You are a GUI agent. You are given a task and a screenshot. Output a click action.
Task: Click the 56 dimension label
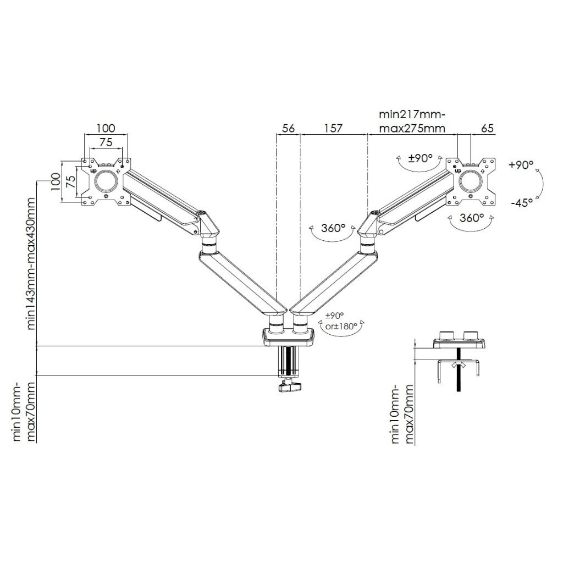click(x=288, y=128)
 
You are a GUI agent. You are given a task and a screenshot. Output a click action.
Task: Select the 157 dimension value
click(x=333, y=128)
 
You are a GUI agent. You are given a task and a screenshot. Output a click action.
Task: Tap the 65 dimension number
click(x=487, y=128)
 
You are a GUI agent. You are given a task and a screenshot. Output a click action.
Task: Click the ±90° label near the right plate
click(x=422, y=158)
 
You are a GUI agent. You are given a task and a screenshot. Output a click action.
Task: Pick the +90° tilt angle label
click(x=521, y=165)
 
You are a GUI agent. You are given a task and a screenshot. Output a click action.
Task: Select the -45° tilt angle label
click(x=521, y=202)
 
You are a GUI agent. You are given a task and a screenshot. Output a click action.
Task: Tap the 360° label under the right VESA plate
click(x=472, y=217)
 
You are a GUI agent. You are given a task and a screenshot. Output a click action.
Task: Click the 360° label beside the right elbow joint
click(x=334, y=228)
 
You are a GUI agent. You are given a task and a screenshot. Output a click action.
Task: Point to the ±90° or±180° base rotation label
click(x=342, y=322)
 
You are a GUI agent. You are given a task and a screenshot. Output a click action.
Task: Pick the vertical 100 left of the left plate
click(x=55, y=182)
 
